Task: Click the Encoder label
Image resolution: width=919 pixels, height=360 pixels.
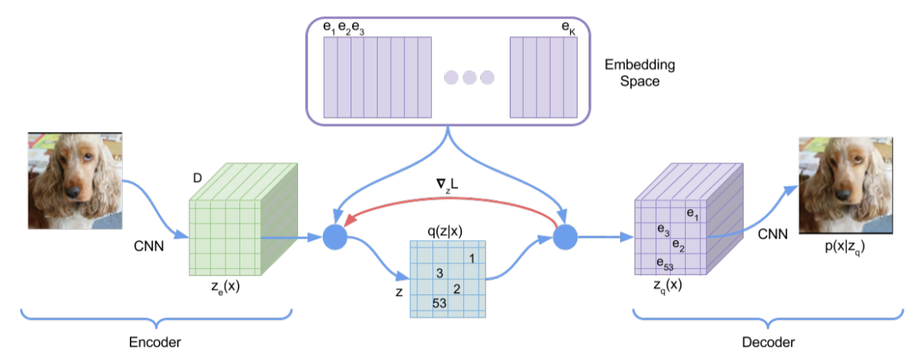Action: coord(156,341)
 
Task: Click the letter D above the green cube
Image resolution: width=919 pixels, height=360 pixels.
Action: coord(198,180)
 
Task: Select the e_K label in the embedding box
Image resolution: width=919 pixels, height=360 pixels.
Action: coord(568,29)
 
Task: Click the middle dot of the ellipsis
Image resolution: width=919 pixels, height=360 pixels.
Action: coord(470,77)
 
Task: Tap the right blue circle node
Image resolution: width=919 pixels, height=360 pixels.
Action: coord(567,237)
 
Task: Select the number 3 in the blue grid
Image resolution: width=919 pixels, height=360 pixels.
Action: coord(439,273)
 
